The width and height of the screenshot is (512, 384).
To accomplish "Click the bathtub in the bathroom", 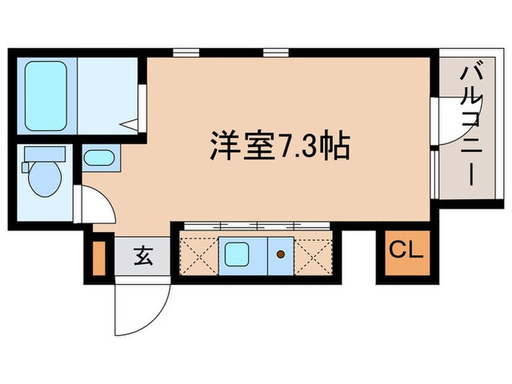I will [46, 94].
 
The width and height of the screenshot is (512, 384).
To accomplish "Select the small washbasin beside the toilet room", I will [97, 158].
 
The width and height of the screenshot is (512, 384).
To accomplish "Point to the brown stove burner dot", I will [281, 255].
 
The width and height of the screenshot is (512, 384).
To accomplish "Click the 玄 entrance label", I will [142, 257].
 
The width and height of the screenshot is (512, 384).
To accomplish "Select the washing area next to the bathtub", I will [108, 94].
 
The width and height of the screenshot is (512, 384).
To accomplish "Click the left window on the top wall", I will [187, 53].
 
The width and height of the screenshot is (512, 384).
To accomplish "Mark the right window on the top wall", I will [276, 53].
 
